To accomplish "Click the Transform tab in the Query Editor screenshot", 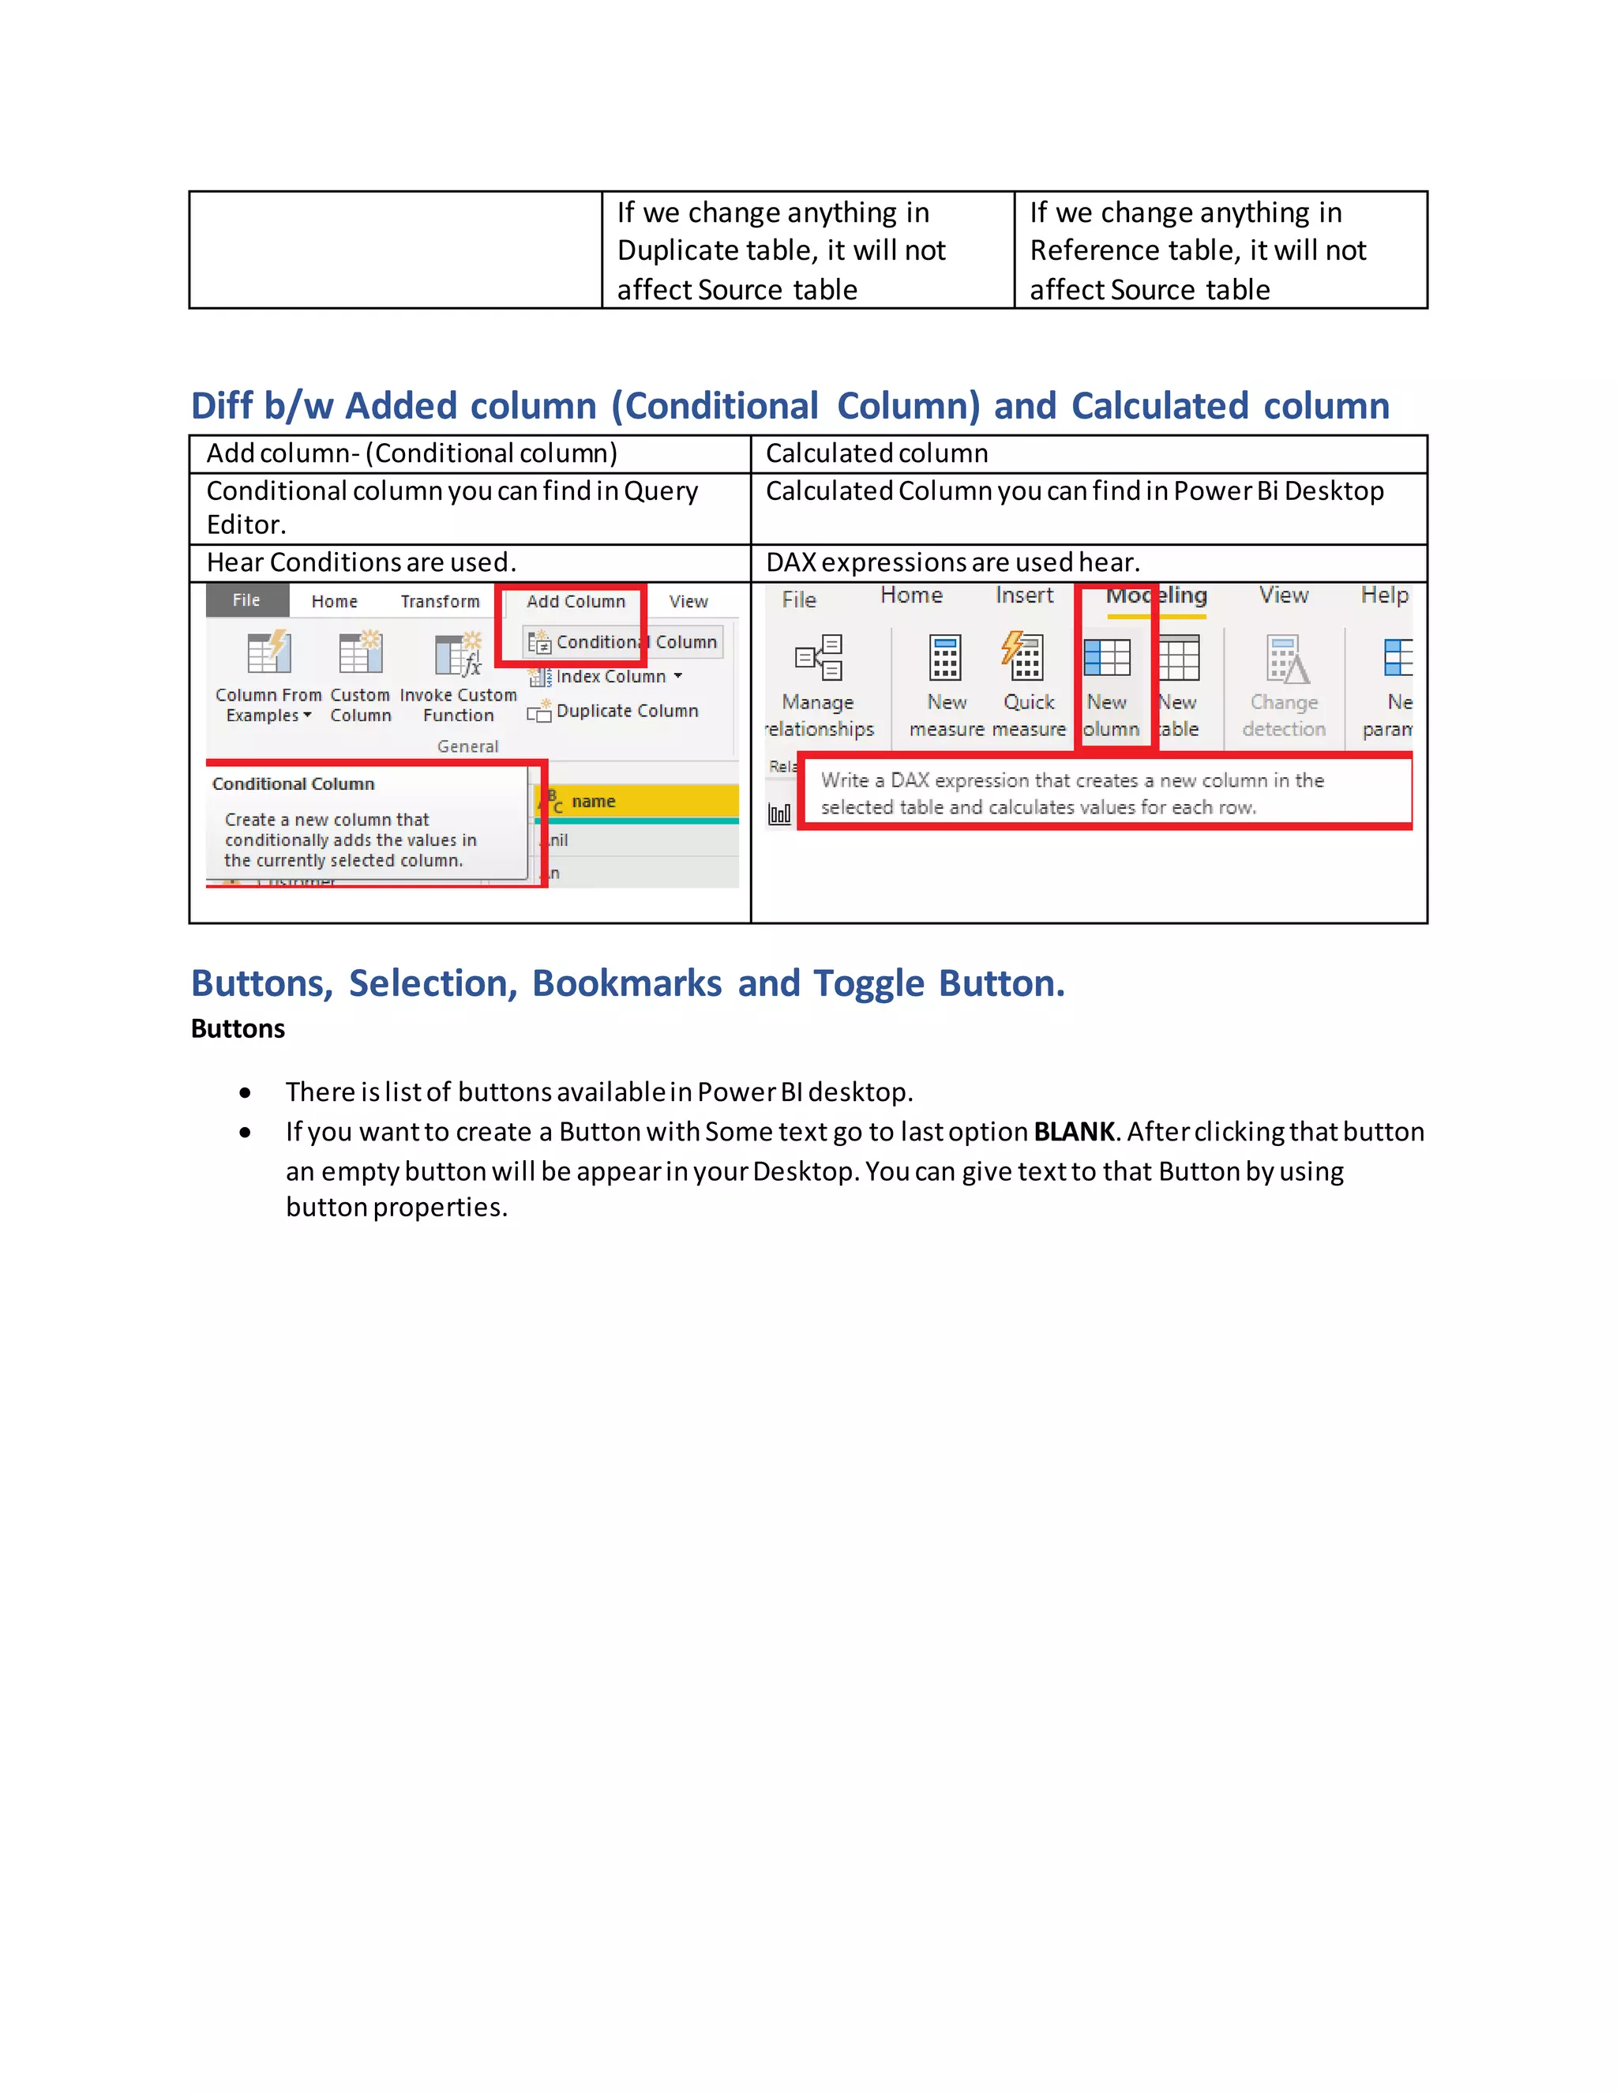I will click(x=440, y=601).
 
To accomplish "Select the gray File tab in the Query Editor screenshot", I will click(x=246, y=600).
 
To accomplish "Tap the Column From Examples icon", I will click(x=268, y=654).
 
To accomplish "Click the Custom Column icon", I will click(x=360, y=654).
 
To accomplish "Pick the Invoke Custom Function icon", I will click(x=458, y=656).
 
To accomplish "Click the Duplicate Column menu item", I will click(x=626, y=711).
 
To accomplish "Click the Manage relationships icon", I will click(x=819, y=657).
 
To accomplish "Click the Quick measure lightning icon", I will click(x=1024, y=657).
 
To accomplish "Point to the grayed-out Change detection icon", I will click(x=1285, y=659).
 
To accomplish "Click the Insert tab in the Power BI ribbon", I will click(x=1024, y=596).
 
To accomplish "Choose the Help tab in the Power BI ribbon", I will click(x=1384, y=596).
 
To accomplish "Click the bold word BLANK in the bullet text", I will click(x=1074, y=1132).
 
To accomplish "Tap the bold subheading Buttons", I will click(x=238, y=1028).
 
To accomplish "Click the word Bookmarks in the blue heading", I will click(x=626, y=983).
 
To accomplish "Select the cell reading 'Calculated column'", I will click(x=876, y=453).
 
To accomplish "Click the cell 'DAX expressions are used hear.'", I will click(x=952, y=562).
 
